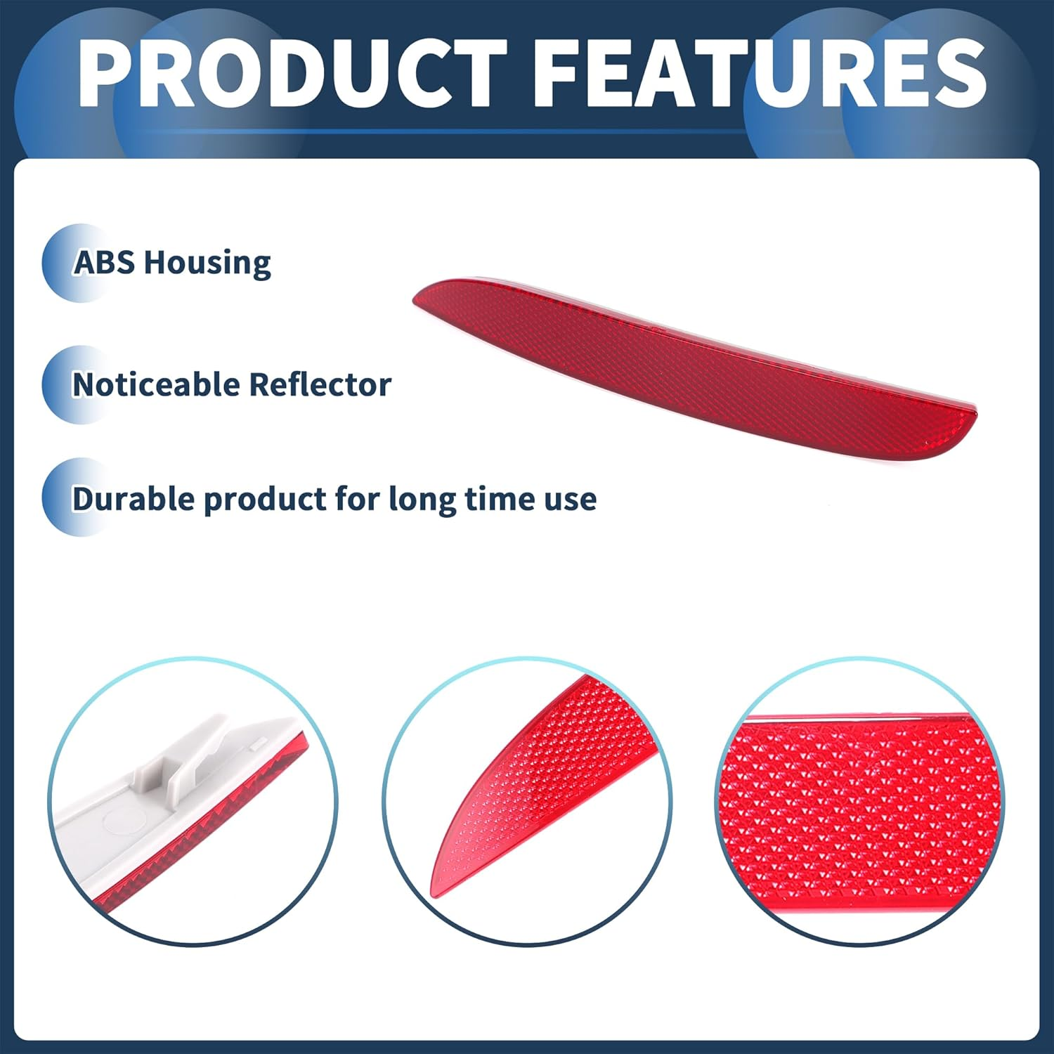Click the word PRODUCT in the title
tap(292, 74)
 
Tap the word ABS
tap(104, 263)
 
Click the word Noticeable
tap(156, 385)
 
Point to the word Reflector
tap(320, 385)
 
